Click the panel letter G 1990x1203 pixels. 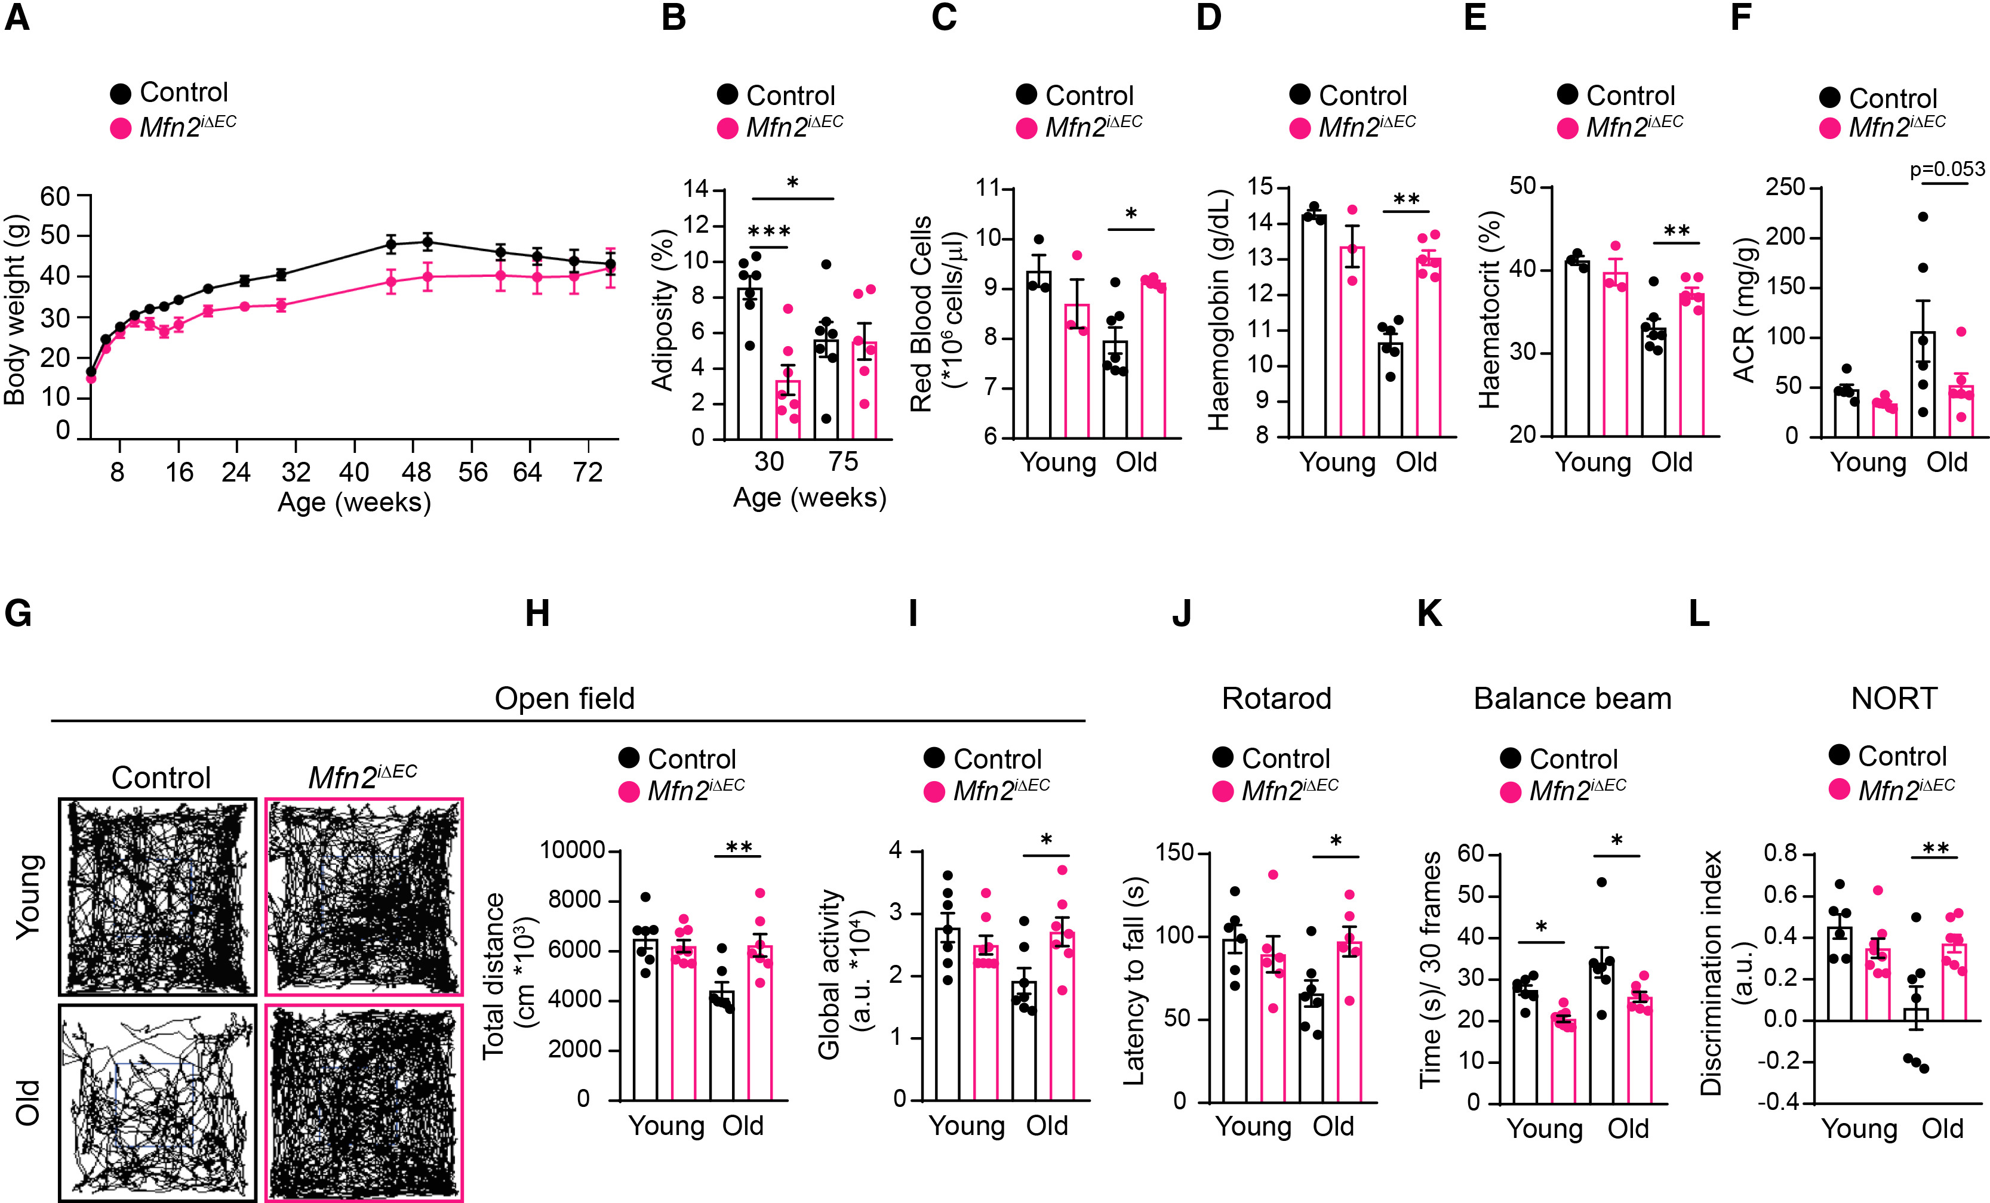(18, 613)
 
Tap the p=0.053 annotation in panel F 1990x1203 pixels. (1946, 169)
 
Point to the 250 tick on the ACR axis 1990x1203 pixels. (1783, 187)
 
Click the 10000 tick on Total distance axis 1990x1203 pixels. (572, 850)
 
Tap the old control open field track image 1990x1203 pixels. (158, 1102)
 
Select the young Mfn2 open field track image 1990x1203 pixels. (364, 896)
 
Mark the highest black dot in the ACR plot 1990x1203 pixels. (1923, 217)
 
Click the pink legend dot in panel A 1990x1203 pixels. (121, 128)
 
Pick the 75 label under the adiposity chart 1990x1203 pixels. (842, 462)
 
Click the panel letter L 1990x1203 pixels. (1699, 613)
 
